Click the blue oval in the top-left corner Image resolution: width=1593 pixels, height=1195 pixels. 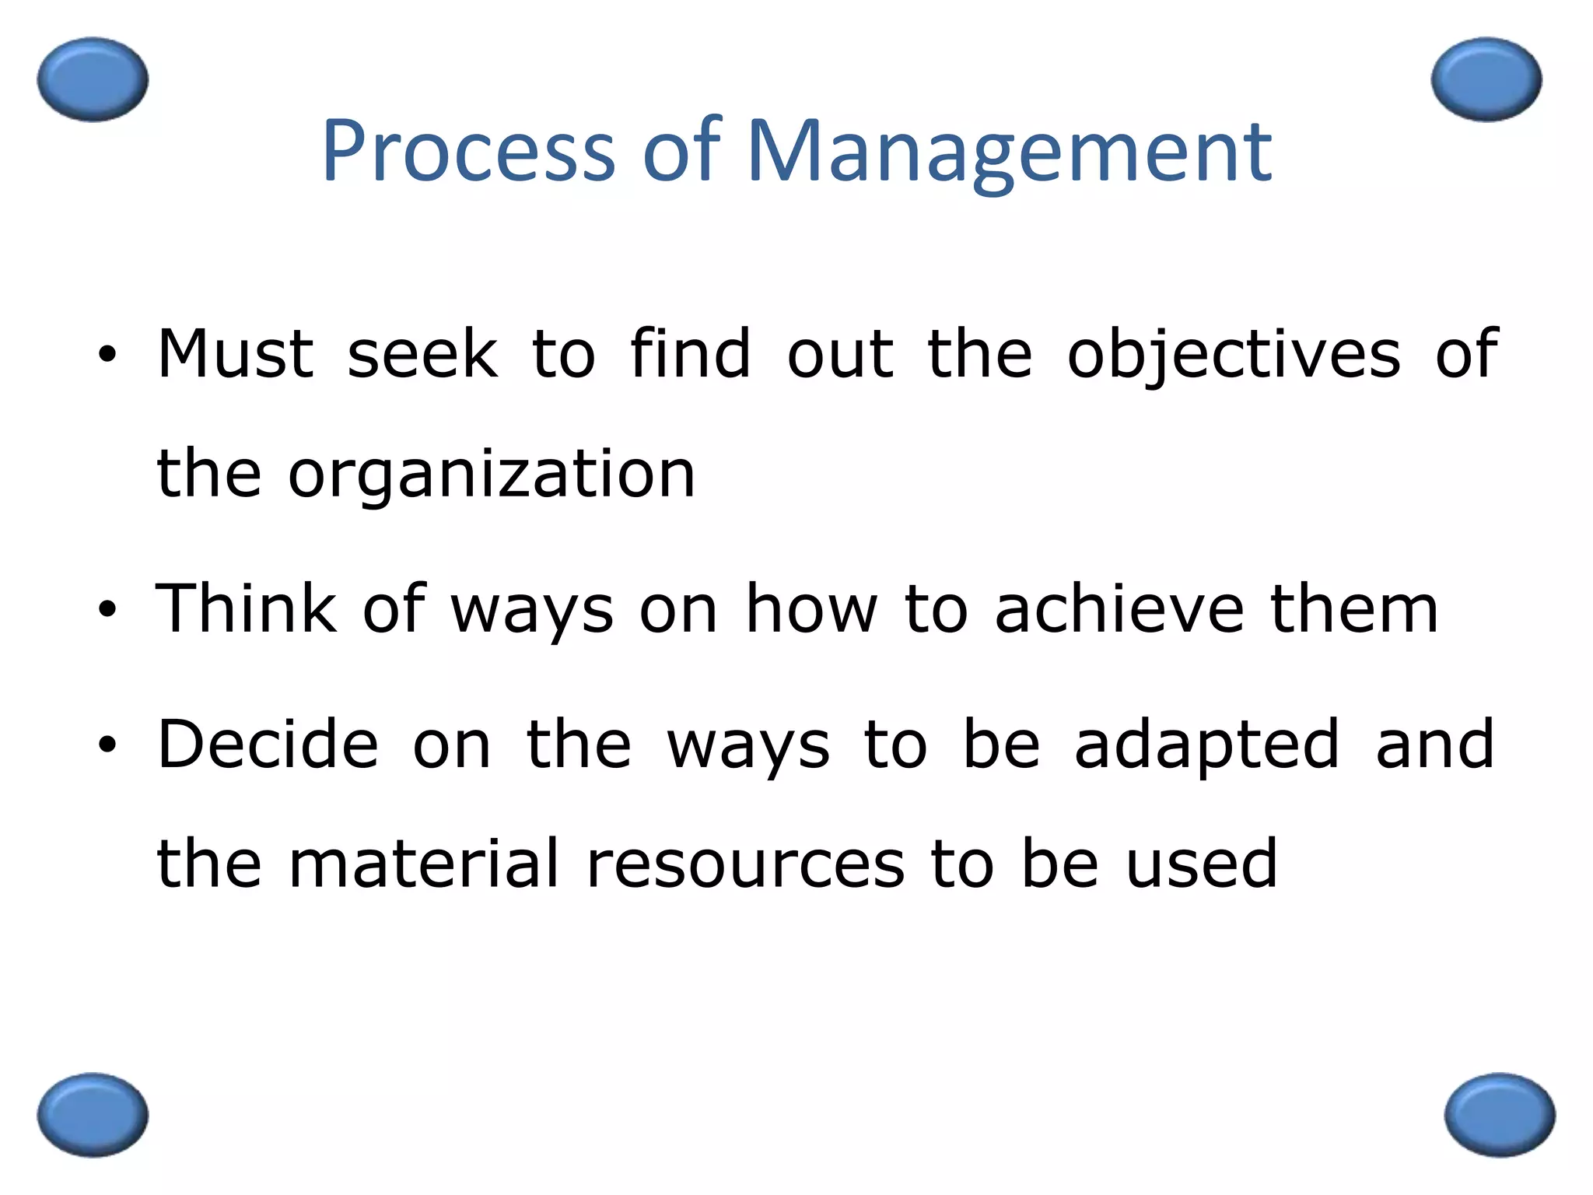coord(93,79)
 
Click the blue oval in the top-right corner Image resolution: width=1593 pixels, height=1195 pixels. coord(1486,79)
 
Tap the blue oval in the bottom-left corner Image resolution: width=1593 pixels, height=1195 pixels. coord(93,1115)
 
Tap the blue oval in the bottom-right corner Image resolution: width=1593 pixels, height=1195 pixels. coord(1500,1115)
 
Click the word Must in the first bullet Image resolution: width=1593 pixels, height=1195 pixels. coord(235,355)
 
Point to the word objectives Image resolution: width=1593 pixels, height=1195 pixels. coord(1234,356)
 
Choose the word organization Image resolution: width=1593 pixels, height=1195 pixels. coord(492,475)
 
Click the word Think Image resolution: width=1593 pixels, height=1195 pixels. coord(246,608)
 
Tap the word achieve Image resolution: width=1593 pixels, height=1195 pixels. coord(1119,608)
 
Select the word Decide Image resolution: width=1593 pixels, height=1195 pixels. coord(268,745)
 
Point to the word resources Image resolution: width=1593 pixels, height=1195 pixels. coord(745,864)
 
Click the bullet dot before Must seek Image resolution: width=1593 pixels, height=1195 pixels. coord(107,356)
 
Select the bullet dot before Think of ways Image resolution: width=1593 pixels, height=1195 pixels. coord(107,609)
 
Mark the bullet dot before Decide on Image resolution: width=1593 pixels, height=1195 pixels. coord(107,745)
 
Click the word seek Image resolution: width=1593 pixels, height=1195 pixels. coord(422,355)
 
